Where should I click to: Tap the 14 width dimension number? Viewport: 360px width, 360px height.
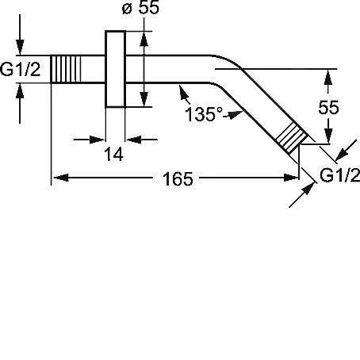(x=114, y=155)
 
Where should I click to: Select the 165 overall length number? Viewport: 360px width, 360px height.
(x=178, y=179)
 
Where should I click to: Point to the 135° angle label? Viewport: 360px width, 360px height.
(x=204, y=114)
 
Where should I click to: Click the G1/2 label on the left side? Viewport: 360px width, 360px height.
(x=21, y=70)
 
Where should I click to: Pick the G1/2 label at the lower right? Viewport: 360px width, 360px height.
(x=339, y=175)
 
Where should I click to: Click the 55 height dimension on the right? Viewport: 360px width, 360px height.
(x=328, y=107)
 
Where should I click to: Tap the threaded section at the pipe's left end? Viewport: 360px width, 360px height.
(x=65, y=69)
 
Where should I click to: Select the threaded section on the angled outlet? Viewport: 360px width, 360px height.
(x=292, y=138)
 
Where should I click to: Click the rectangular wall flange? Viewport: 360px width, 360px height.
(x=115, y=69)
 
